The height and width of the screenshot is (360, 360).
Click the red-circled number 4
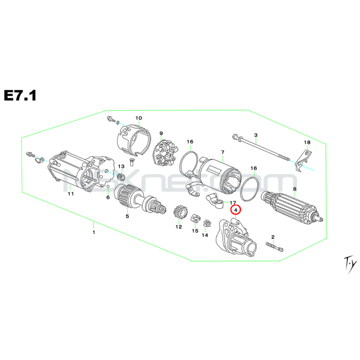click(235, 210)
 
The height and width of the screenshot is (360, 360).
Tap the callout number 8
click(295, 190)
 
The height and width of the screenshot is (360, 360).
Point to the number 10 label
click(138, 118)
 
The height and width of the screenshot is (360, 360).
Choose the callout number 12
click(178, 227)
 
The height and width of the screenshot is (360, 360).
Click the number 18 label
click(307, 142)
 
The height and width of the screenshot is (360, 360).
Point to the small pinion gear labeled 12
click(178, 213)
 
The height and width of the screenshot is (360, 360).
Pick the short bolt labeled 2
click(273, 247)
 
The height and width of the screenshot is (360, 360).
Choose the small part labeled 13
click(121, 176)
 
